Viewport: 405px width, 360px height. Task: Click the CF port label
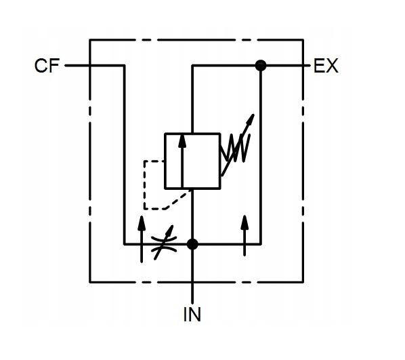point(47,66)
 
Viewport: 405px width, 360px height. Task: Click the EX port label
point(326,66)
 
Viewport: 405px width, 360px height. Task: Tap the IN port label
point(192,314)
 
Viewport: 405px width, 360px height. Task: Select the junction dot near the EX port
point(261,66)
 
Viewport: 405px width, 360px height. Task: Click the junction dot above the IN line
point(192,244)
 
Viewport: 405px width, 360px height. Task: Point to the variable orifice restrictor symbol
point(164,244)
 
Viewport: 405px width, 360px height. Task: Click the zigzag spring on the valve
point(235,148)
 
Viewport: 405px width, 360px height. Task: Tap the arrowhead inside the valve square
point(182,140)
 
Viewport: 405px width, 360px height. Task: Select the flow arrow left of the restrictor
point(142,239)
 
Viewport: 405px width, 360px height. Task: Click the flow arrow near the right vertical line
point(244,235)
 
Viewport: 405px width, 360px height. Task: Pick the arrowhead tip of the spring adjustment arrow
point(254,115)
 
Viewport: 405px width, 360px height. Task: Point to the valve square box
point(192,161)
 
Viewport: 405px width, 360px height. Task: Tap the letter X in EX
point(332,66)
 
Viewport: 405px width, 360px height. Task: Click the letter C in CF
point(41,66)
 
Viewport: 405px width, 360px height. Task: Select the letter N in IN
point(195,314)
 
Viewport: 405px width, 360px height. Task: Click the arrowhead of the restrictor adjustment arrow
point(171,229)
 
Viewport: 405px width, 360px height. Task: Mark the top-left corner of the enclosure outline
point(89,40)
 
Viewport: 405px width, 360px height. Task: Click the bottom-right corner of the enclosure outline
point(303,282)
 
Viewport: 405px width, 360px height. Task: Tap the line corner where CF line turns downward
point(124,66)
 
